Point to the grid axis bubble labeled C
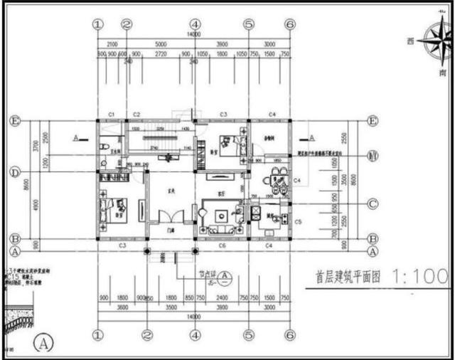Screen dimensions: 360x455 pyautogui.click(x=372, y=204)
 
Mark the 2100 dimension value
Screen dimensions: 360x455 pyautogui.click(x=112, y=43)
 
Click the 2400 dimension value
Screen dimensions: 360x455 pyautogui.click(x=223, y=299)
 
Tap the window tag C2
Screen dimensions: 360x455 pyautogui.click(x=136, y=115)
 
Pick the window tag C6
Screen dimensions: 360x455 pyautogui.click(x=223, y=245)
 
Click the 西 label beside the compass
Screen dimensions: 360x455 pyautogui.click(x=410, y=41)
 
